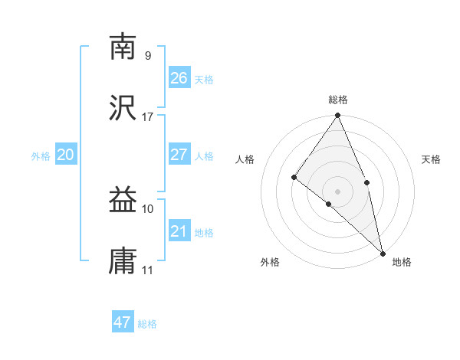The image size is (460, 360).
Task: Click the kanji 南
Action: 123,47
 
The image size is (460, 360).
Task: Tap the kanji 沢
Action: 123,107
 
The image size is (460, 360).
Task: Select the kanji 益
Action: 123,201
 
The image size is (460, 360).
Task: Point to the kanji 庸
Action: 123,261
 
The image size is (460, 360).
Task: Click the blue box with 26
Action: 179,77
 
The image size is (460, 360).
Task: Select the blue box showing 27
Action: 179,155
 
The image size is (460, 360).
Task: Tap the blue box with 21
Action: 179,231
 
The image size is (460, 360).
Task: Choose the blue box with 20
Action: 66,155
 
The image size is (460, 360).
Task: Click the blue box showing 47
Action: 123,322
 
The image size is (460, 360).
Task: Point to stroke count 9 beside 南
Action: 148,56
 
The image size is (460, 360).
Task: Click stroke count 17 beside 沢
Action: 148,117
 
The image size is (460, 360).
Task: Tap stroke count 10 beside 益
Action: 148,209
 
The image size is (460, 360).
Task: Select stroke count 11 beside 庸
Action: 148,270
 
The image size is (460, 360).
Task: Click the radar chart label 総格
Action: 338,100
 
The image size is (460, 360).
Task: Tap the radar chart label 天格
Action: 432,159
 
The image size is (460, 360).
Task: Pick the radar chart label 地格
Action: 402,262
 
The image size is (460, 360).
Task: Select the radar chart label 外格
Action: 270,262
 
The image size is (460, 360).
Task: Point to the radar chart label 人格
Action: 245,159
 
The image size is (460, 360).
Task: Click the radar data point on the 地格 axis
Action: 382,252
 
